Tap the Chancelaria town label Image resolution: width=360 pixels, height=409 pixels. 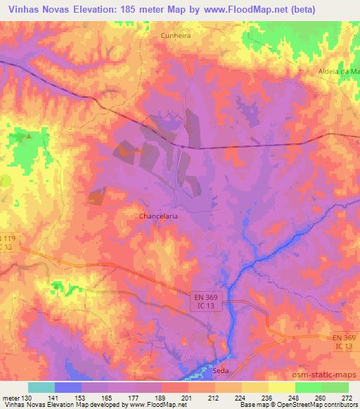point(158,216)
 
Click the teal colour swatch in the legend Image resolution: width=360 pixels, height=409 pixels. point(41,387)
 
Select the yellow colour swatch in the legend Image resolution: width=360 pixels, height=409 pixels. point(281,387)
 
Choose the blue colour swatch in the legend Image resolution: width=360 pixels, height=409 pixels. point(67,387)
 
